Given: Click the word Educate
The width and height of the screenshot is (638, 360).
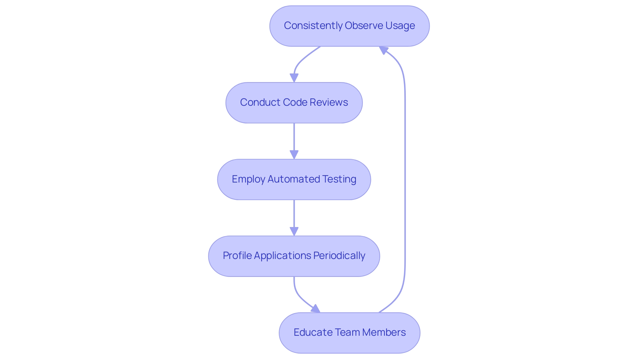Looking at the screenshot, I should (313, 332).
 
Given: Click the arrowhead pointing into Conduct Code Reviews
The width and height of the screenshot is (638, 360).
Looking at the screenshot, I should (294, 78).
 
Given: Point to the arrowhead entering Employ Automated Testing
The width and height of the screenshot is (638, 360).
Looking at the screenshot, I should (294, 155).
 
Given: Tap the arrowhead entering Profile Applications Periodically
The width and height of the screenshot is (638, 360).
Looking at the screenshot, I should (294, 231).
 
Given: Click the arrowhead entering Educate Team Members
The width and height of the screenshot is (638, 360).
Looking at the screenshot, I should (316, 309).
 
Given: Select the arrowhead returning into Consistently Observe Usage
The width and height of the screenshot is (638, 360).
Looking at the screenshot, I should (383, 50).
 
